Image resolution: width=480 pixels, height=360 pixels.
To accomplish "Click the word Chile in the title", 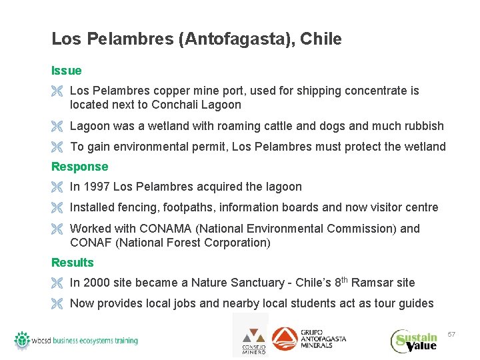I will [321, 39].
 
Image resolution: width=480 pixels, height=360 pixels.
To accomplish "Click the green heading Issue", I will [67, 71].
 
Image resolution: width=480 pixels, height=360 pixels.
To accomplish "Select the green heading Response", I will [79, 167].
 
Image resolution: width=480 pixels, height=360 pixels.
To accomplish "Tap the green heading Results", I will [73, 263].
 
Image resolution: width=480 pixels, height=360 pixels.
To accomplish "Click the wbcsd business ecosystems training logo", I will [76, 340].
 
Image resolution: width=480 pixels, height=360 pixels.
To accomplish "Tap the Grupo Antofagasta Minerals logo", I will [309, 339].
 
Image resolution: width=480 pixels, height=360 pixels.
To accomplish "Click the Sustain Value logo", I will [415, 340].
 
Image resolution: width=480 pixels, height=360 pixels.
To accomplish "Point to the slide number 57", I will [451, 333].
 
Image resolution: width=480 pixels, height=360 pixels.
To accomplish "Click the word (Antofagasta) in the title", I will [236, 39].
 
